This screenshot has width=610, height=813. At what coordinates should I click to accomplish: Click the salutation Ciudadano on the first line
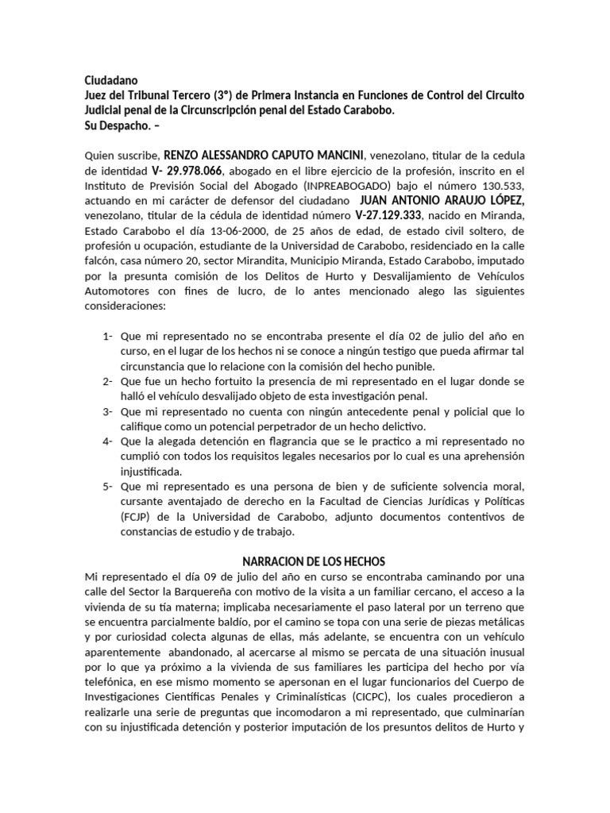[110, 80]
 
